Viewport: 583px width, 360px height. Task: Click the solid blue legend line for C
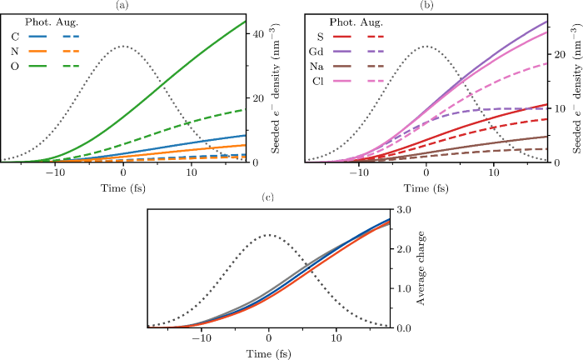pyautogui.click(x=40, y=37)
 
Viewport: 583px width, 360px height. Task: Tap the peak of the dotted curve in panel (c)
pyautogui.click(x=268, y=235)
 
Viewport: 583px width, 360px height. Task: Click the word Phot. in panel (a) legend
pyautogui.click(x=41, y=22)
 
